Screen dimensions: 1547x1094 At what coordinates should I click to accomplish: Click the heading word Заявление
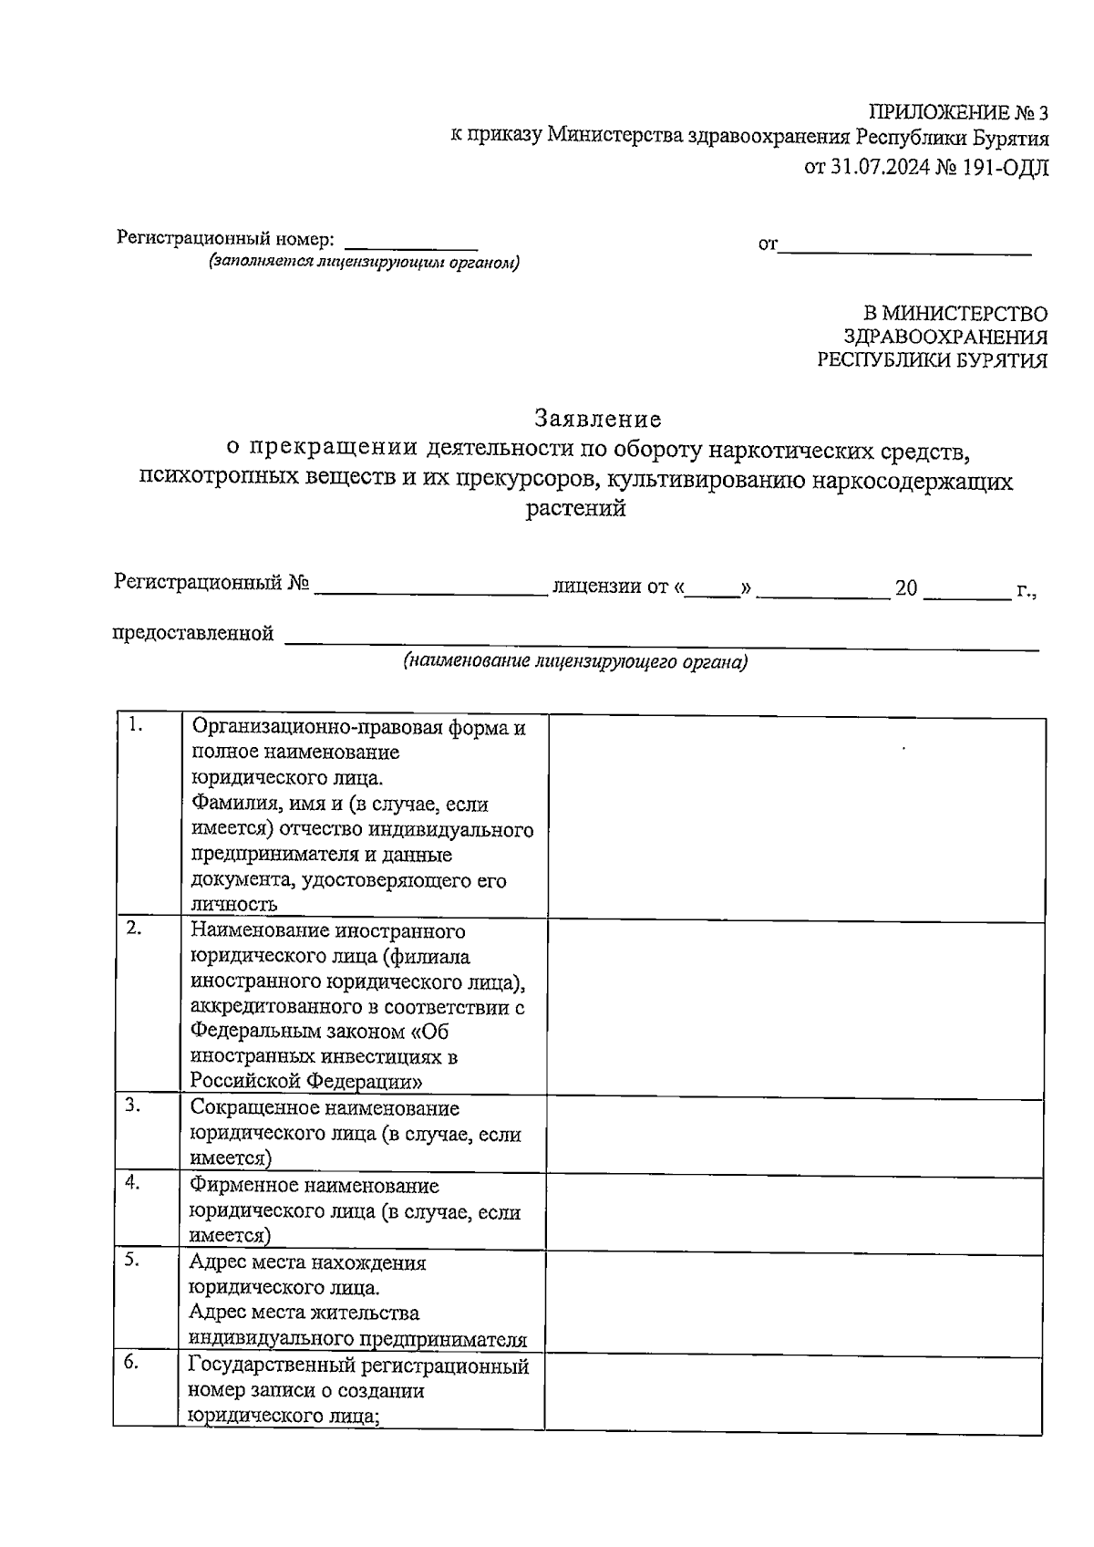tap(598, 420)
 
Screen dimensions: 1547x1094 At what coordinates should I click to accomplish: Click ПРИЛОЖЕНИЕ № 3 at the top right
tap(958, 113)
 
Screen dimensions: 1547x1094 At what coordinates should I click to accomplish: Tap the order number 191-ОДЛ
tap(1002, 167)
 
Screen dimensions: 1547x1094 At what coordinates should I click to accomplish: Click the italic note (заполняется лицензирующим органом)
tap(364, 263)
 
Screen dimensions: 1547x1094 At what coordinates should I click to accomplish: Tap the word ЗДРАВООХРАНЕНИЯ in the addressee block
tap(945, 337)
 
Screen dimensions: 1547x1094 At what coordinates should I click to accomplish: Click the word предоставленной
tap(192, 633)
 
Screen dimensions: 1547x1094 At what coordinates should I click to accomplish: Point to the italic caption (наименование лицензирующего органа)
tap(575, 663)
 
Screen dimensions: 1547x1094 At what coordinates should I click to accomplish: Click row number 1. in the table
tap(136, 726)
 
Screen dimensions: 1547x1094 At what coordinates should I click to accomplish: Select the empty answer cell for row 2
tap(795, 1007)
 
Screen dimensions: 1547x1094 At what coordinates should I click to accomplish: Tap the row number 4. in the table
tap(132, 1182)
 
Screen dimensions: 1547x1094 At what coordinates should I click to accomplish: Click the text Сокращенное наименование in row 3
tap(325, 1108)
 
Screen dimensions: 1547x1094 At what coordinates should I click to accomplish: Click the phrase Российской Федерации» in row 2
tap(306, 1082)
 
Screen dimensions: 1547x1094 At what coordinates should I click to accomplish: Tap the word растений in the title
tap(576, 509)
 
